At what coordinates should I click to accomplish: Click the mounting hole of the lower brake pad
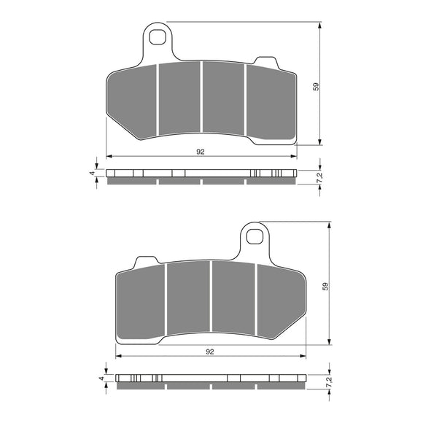point(254,236)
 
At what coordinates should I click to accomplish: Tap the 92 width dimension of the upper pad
point(200,151)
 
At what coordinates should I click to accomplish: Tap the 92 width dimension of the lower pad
point(210,352)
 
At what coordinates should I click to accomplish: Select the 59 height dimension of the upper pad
point(315,86)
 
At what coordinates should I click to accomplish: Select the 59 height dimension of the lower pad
point(325,287)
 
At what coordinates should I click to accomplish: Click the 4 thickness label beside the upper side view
point(91,174)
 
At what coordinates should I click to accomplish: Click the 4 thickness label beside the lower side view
point(101,379)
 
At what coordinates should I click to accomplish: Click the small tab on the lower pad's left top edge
point(147,260)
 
